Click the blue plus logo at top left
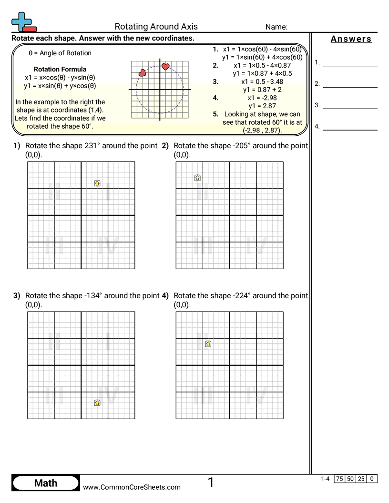(x=21, y=21)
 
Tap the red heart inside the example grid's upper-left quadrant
(x=142, y=73)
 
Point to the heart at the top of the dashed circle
(x=165, y=67)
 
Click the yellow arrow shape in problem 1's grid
(x=97, y=183)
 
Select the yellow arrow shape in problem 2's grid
(x=197, y=178)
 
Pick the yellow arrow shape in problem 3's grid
(x=97, y=402)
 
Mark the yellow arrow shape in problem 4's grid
(x=208, y=343)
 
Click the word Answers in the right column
(x=351, y=39)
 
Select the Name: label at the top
(x=276, y=27)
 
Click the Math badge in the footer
(x=46, y=483)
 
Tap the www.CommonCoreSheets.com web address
(x=132, y=487)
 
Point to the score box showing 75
(x=339, y=479)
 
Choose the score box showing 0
(x=371, y=479)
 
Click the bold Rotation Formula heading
(x=60, y=69)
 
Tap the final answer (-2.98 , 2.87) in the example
(x=262, y=130)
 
